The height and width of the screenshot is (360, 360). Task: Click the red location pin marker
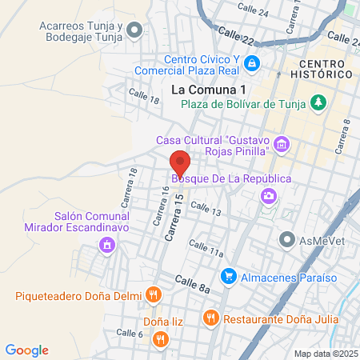(x=179, y=162)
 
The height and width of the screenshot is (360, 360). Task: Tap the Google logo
(x=27, y=350)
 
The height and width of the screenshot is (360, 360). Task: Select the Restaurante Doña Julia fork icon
(x=210, y=318)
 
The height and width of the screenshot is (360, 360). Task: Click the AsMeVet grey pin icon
(x=286, y=239)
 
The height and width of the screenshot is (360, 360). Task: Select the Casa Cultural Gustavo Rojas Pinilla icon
(x=280, y=144)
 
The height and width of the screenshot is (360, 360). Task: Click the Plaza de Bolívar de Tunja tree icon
(x=318, y=102)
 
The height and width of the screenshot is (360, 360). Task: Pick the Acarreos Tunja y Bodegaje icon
(x=134, y=31)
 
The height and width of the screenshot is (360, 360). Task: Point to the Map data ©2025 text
(x=326, y=354)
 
